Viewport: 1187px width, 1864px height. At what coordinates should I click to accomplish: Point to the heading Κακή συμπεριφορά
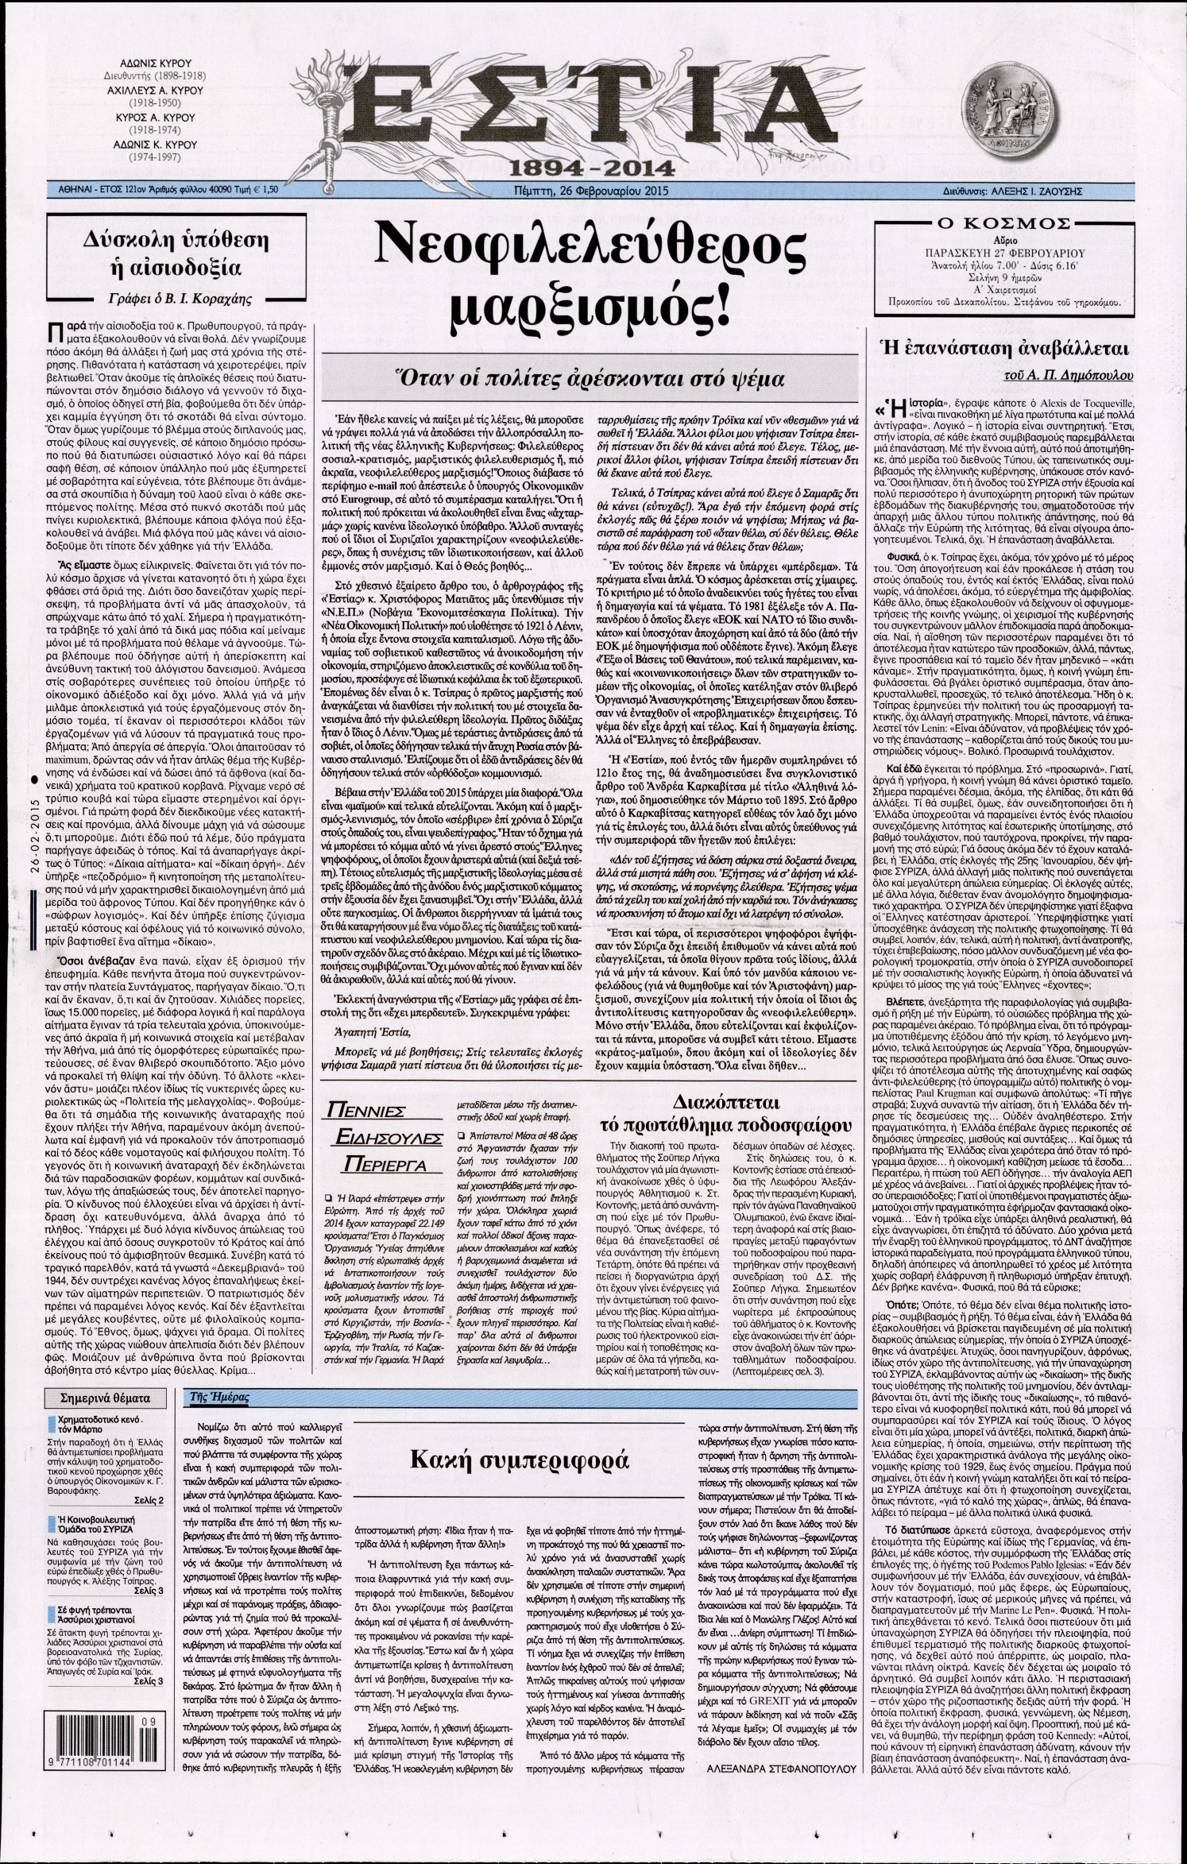(x=520, y=1460)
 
